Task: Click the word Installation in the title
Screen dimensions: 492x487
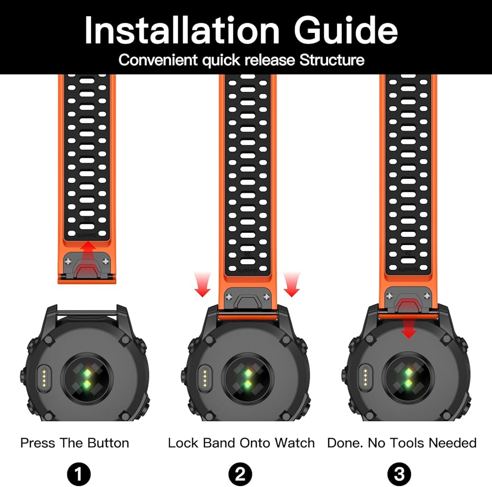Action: pyautogui.click(x=182, y=30)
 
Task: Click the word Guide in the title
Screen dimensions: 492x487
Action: pyautogui.click(x=346, y=30)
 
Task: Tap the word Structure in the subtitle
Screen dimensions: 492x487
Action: pyautogui.click(x=332, y=60)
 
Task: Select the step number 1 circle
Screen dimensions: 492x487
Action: pyautogui.click(x=79, y=474)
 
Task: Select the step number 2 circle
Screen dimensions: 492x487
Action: pyautogui.click(x=240, y=474)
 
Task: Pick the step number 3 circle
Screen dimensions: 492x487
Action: pyautogui.click(x=399, y=474)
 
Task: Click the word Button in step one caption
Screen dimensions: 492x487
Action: pyautogui.click(x=108, y=443)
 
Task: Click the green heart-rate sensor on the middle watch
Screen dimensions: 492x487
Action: pyautogui.click(x=248, y=378)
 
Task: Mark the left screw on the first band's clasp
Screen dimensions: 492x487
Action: pyautogui.click(x=68, y=261)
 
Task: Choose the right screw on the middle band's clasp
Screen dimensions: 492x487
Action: pyautogui.click(x=267, y=297)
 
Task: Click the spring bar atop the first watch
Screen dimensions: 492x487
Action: pyautogui.click(x=87, y=312)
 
